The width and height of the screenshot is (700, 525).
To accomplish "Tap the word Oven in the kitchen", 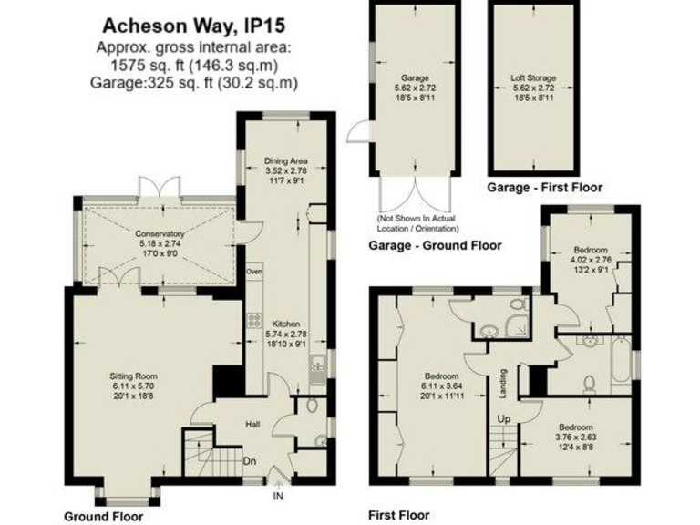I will click(x=254, y=272).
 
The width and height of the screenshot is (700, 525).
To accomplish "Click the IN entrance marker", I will click(x=277, y=497).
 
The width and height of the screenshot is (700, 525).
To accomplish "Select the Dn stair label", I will click(x=249, y=460).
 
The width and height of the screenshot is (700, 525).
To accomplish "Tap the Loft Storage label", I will click(x=533, y=79).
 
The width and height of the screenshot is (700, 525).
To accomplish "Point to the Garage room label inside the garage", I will click(x=415, y=79).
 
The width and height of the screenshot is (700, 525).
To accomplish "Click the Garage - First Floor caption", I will click(x=544, y=187).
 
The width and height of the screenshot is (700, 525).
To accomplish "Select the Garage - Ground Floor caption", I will click(x=435, y=246).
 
